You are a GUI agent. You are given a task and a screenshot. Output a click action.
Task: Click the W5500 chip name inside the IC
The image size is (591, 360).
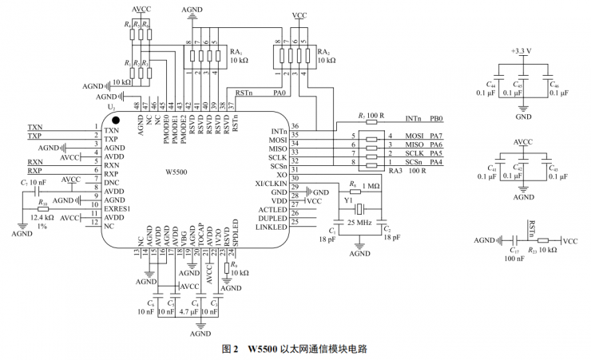point(176,171)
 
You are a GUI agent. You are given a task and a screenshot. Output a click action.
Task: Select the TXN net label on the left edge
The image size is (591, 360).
point(35,128)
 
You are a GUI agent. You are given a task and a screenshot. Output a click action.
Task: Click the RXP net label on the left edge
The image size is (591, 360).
point(35,172)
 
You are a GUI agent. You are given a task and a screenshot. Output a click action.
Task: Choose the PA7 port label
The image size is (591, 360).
point(437,136)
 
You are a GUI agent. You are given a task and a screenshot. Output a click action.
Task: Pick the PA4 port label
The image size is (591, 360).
point(437,163)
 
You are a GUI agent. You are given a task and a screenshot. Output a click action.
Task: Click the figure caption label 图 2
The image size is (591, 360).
point(232,350)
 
